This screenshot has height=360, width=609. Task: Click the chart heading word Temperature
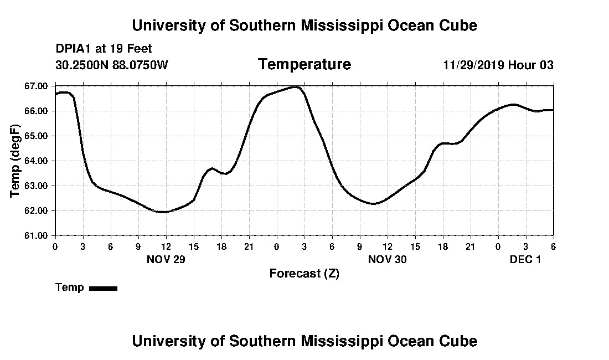[304, 64]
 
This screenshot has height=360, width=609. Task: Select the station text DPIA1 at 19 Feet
[104, 49]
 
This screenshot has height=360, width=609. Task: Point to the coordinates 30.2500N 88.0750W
[111, 65]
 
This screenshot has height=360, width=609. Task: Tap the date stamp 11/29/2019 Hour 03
[498, 65]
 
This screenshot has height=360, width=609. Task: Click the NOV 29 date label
[166, 259]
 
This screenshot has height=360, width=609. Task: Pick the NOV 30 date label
[387, 259]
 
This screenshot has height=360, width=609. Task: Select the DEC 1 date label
[525, 259]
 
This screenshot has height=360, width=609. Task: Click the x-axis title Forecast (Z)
[304, 274]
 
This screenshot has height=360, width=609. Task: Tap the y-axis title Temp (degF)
[16, 161]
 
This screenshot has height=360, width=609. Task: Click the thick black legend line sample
[103, 288]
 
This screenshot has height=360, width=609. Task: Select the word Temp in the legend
[70, 287]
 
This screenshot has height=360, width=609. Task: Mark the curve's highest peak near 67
[296, 87]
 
